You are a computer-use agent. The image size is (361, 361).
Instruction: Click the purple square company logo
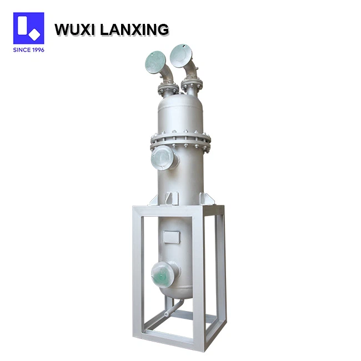28,28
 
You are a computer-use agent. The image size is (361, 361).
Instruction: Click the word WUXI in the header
75,29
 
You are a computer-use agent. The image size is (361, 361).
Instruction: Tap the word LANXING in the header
134,29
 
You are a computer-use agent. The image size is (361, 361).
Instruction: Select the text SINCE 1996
28,50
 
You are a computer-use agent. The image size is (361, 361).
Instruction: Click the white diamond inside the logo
34,35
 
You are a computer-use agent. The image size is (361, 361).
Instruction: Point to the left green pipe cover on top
156,62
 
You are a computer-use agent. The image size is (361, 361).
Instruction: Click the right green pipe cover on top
181,56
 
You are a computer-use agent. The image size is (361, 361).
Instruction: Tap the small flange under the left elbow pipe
168,88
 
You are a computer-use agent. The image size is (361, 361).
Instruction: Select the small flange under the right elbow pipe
192,85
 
